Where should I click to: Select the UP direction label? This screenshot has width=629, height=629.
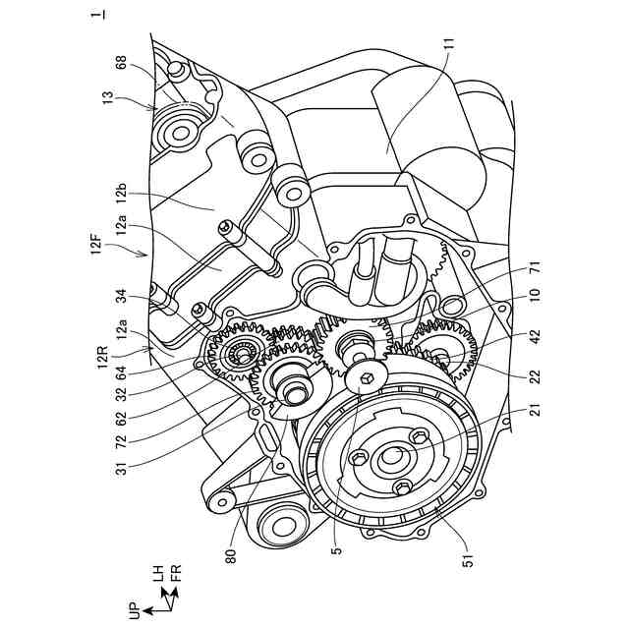coord(135,611)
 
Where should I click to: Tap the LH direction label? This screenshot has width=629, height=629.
coord(157,574)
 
